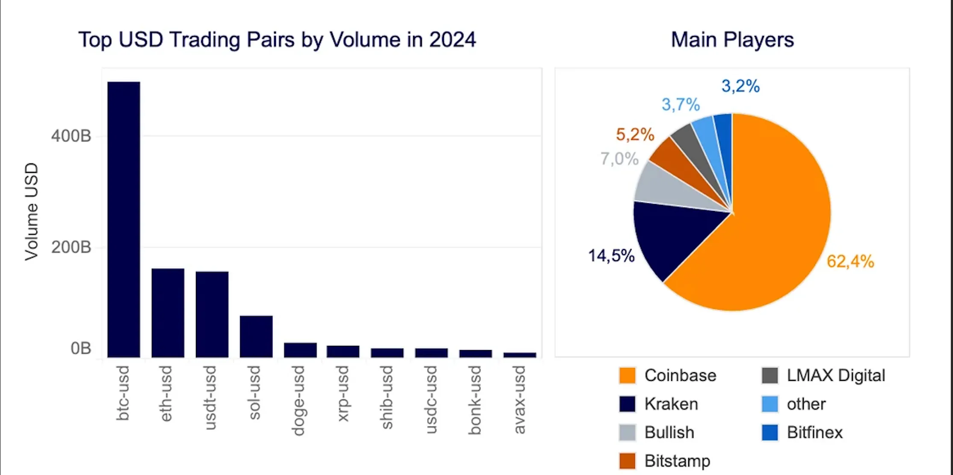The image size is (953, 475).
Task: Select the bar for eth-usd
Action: pos(168,313)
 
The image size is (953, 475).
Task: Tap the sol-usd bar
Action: pos(256,336)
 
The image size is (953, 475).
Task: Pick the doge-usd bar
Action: pos(300,350)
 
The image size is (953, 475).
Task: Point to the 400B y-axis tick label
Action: pos(71,136)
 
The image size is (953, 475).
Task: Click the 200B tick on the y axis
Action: pos(71,247)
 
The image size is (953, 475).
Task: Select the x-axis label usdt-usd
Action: pos(210,398)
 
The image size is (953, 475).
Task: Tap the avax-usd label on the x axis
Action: pos(519,399)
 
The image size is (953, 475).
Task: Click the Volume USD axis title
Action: pos(32,211)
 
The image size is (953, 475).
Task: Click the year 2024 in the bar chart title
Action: pos(452,40)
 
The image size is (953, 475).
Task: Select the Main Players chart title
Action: pos(732,40)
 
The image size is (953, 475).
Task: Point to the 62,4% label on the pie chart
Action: pos(850,261)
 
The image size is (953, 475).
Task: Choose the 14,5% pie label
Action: pos(611,256)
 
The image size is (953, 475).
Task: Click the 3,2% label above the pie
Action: pos(740,86)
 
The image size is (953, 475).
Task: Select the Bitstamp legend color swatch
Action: pos(627,461)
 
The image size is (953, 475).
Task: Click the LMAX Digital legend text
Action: pos(835,375)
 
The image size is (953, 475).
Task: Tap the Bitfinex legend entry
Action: pos(814,432)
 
